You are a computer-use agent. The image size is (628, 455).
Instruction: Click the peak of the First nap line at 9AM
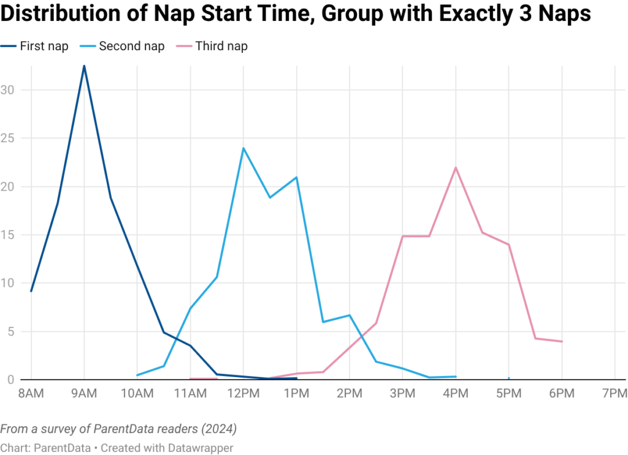pos(84,66)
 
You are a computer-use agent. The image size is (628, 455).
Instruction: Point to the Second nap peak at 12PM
pos(243,148)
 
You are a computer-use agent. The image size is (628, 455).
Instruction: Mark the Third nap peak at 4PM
pos(455,167)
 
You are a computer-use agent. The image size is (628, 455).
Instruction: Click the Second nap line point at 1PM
pos(297,177)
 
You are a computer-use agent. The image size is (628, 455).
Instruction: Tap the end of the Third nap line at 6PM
pos(561,342)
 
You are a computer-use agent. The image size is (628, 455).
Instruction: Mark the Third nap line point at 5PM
pos(508,245)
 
